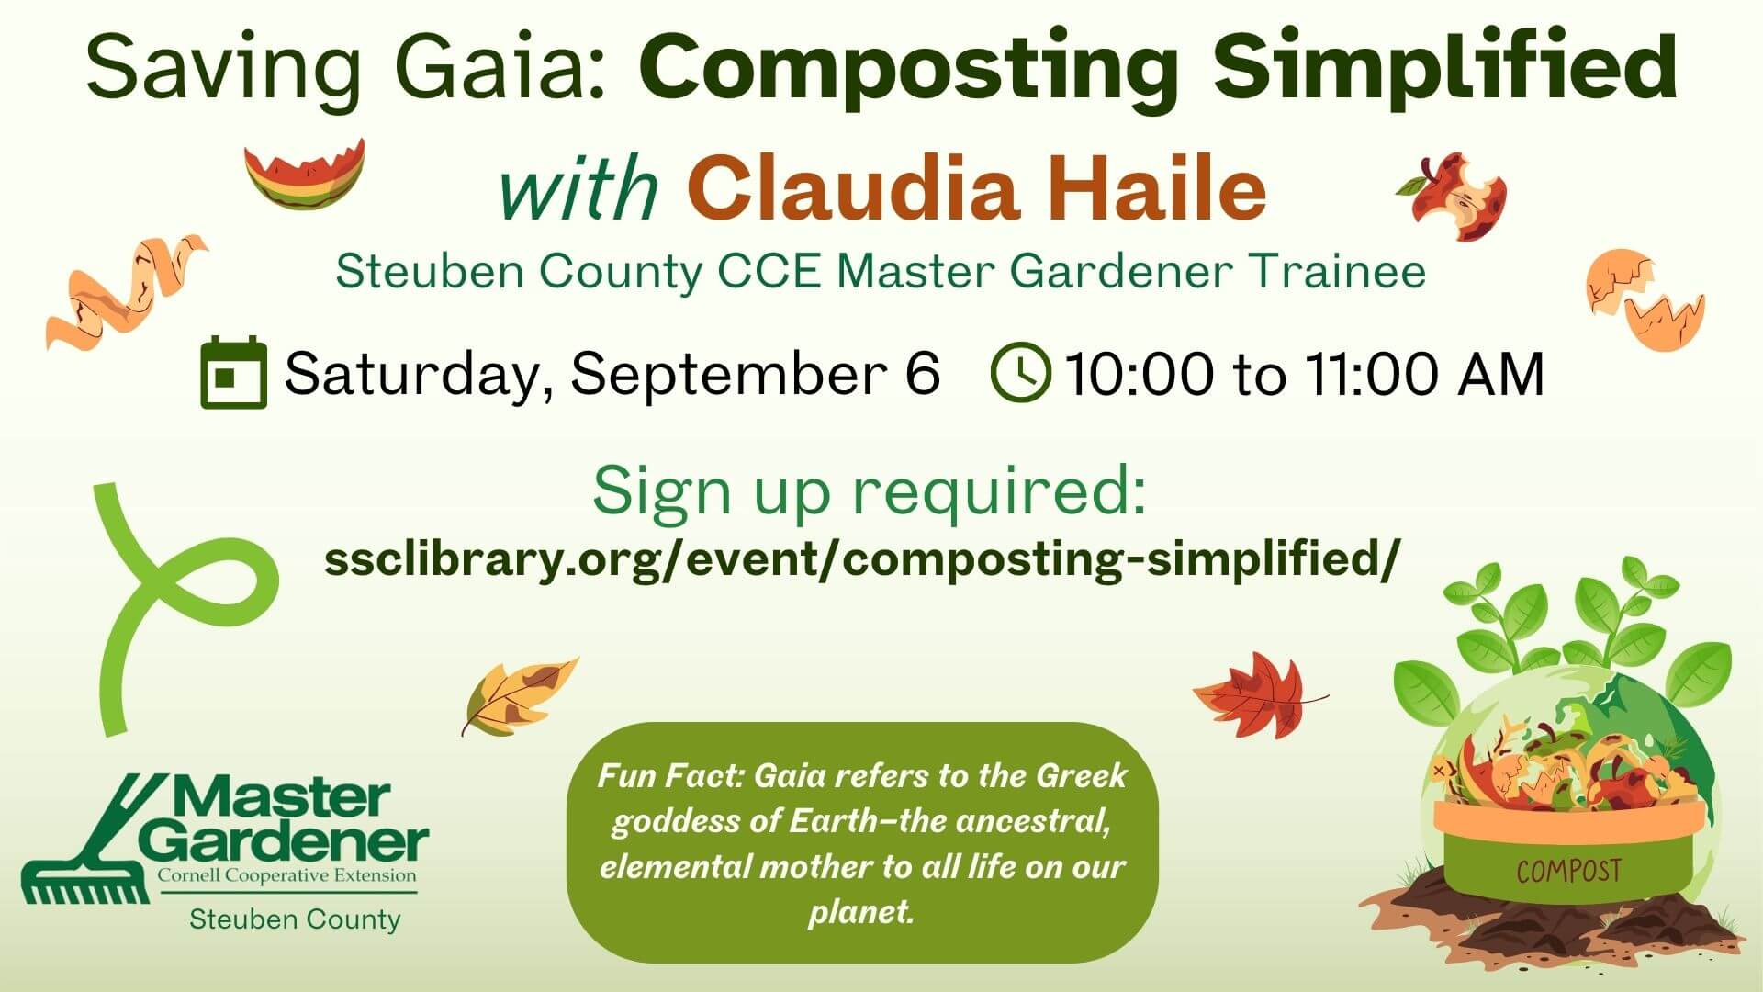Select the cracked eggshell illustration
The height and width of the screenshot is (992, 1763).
(x=1644, y=299)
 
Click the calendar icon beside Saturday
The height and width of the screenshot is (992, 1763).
(x=233, y=373)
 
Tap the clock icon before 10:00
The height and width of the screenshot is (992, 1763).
(x=1021, y=373)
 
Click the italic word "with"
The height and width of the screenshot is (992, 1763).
(x=578, y=189)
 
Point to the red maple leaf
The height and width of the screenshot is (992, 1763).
(x=1253, y=694)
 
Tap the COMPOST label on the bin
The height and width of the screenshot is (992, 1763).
(x=1568, y=870)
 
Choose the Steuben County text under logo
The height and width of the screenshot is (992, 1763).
(x=295, y=919)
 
